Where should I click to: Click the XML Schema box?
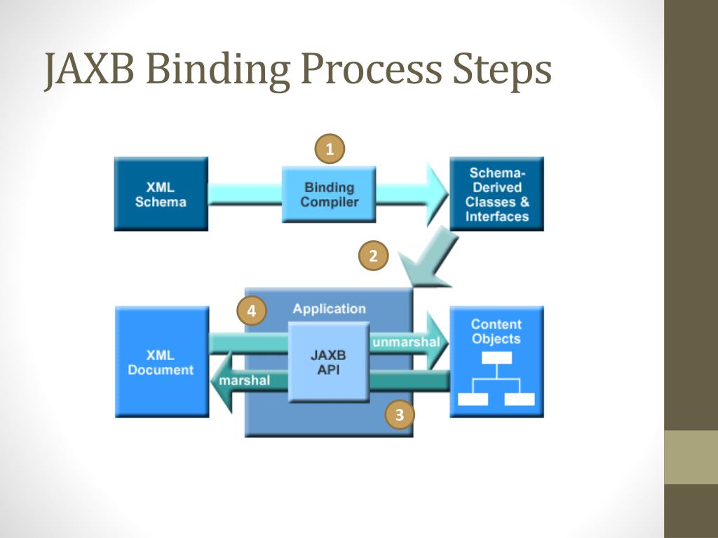tap(161, 194)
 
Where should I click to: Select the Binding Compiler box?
tap(329, 194)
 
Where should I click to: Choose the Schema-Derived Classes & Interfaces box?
tap(496, 194)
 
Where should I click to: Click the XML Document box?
tap(161, 361)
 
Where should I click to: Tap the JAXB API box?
tap(328, 362)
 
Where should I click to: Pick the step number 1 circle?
tap(330, 149)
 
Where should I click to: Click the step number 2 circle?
tap(373, 256)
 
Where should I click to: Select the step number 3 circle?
tap(400, 415)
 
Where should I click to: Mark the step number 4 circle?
tap(252, 311)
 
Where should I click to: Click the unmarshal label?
tap(406, 343)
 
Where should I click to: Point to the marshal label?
tap(243, 380)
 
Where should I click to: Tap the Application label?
tap(329, 309)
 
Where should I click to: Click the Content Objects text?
tap(496, 331)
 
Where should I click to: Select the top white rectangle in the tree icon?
tap(496, 358)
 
